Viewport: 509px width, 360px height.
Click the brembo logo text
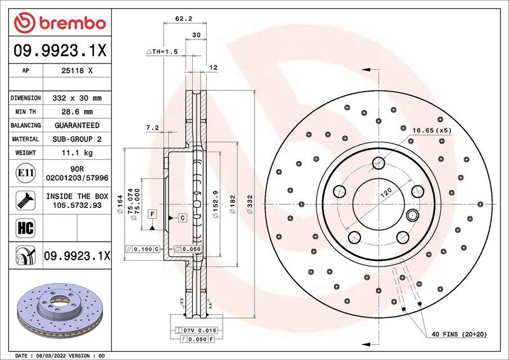pos(73,24)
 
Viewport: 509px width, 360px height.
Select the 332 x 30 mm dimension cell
pos(77,98)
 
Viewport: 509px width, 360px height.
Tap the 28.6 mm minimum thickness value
pos(77,112)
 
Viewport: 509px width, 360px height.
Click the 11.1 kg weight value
pos(77,153)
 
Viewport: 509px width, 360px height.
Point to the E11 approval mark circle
pos(25,173)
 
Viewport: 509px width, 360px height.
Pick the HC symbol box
pos(25,228)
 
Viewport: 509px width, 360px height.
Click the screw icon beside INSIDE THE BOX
pos(25,200)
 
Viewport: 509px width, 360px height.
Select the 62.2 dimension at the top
pos(184,19)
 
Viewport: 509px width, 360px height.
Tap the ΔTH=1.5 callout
pos(162,52)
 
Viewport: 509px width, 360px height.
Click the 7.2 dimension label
pos(153,128)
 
